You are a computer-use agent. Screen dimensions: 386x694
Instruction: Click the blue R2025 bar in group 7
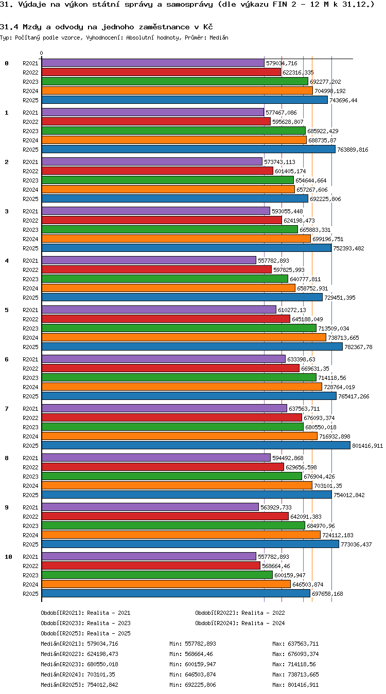point(196,445)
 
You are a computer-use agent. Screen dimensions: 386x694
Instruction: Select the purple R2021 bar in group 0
point(153,63)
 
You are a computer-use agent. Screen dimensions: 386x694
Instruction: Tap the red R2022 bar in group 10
point(151,565)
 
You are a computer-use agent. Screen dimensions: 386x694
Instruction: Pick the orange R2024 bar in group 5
point(184,337)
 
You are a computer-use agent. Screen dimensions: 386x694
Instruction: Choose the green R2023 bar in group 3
point(170,230)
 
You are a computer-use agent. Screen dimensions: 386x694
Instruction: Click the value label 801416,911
point(367,446)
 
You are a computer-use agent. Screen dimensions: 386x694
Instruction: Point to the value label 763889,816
point(353,150)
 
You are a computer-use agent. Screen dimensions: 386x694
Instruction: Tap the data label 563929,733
point(276,507)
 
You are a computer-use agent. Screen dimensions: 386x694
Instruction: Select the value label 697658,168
point(327,594)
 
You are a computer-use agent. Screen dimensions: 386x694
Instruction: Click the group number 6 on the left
point(7,359)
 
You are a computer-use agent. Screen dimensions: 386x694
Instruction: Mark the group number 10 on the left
point(8,557)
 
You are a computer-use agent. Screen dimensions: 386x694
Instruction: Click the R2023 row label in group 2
point(30,180)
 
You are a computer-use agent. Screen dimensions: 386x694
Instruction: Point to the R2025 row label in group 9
point(30,544)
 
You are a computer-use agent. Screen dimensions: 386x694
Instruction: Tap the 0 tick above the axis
point(41,53)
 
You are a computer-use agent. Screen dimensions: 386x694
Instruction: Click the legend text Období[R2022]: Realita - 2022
point(240,613)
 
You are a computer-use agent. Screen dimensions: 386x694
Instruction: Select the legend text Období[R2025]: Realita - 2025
point(85,633)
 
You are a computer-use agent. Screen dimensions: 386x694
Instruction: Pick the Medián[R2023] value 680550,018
point(102,664)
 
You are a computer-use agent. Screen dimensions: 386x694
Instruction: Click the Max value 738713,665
point(303,674)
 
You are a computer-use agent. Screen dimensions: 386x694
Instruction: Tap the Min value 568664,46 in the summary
point(199,654)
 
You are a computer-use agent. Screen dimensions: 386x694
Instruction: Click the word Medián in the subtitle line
point(219,38)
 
